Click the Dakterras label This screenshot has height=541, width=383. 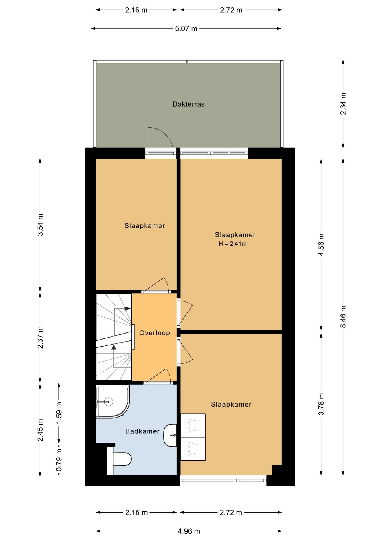coord(188,104)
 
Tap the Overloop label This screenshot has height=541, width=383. coord(155,333)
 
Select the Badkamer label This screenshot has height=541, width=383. coord(142,431)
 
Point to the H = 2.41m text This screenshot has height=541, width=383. coord(232,244)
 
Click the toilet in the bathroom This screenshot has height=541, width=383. coord(119,459)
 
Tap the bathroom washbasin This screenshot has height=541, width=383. coord(170,435)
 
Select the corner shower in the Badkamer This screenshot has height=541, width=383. coord(113,401)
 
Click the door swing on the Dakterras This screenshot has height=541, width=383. coord(160,137)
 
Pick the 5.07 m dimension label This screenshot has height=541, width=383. coord(186,28)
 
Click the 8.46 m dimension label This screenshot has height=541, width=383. coord(343,316)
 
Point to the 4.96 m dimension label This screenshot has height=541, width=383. coord(189,531)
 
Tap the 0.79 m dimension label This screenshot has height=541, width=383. coord(59,460)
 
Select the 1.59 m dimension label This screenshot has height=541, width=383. coord(59,413)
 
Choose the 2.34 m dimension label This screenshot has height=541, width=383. coord(343,104)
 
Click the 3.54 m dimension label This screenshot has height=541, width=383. coord(40,225)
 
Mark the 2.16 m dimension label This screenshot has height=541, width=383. coord(136,10)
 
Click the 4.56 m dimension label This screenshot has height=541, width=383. coord(321,245)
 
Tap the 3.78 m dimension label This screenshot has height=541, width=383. coord(321,404)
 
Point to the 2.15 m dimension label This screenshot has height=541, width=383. coord(137,512)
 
